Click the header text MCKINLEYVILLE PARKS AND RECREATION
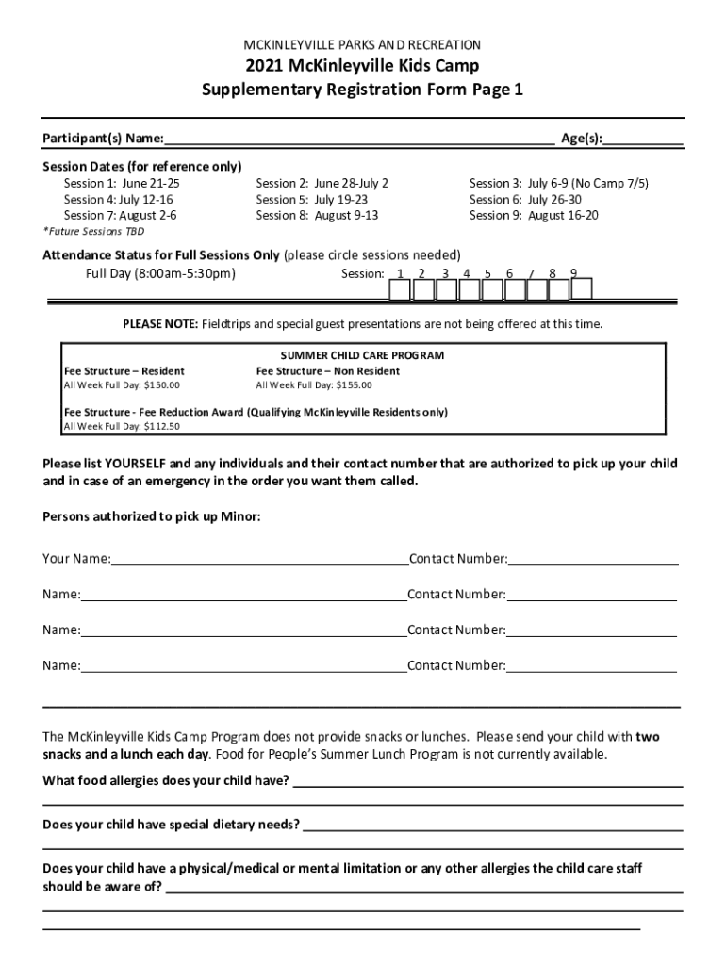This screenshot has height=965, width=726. tap(363, 44)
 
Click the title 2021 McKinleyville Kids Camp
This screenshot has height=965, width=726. tap(363, 66)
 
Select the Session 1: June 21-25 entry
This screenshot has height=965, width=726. tap(122, 183)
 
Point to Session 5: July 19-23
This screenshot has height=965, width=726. tap(312, 199)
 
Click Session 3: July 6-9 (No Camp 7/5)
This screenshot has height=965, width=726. tap(559, 183)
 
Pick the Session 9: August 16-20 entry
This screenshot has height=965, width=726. tap(534, 215)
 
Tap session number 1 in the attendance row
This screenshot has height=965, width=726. tap(401, 274)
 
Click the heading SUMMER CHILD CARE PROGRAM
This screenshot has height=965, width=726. tap(362, 355)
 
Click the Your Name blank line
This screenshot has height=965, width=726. tap(259, 559)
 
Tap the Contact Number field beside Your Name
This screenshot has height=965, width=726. tap(593, 559)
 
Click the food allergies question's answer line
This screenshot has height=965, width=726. tap(487, 781)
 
